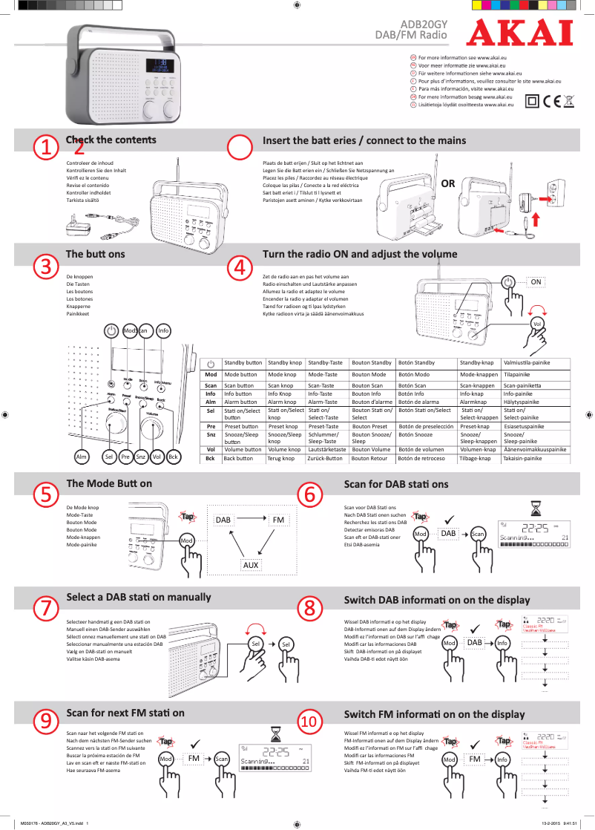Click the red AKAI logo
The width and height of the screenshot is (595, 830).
point(519,33)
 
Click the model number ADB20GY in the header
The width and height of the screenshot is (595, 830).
point(424,24)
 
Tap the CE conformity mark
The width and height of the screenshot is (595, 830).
point(551,102)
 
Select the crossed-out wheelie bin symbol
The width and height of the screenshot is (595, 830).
point(569,102)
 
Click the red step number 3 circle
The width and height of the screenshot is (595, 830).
point(46,265)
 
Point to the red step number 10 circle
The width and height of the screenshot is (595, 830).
point(310,721)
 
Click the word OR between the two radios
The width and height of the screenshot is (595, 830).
point(448,183)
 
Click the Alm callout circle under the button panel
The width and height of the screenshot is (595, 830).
point(79,457)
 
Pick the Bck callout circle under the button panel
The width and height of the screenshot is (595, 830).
point(174,457)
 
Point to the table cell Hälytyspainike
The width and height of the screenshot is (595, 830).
point(522,402)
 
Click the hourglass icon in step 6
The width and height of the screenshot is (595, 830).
point(535,507)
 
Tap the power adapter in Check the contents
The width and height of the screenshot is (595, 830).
point(76,222)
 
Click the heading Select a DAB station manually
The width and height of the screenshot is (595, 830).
point(139,597)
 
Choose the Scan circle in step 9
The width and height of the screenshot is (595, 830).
point(222,759)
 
